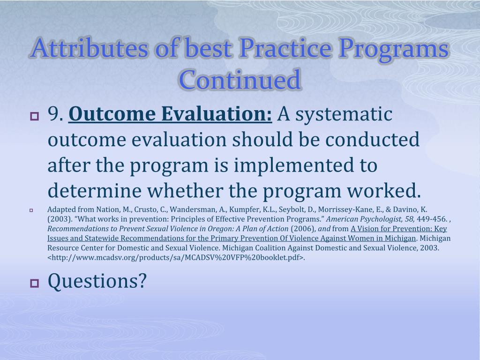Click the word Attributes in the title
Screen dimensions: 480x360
(x=89, y=48)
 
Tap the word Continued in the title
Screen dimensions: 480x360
(x=240, y=80)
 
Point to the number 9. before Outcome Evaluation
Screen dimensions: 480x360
(x=56, y=114)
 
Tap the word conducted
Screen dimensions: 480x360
(x=372, y=140)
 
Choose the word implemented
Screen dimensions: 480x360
(x=294, y=166)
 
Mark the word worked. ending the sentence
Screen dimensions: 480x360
(x=384, y=191)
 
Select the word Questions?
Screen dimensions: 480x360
(x=97, y=281)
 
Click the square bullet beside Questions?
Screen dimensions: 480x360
(x=35, y=283)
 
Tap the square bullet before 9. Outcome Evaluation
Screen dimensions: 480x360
(x=35, y=116)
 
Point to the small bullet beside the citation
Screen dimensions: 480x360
(x=31, y=210)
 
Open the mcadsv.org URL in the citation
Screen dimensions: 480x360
(x=176, y=257)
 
